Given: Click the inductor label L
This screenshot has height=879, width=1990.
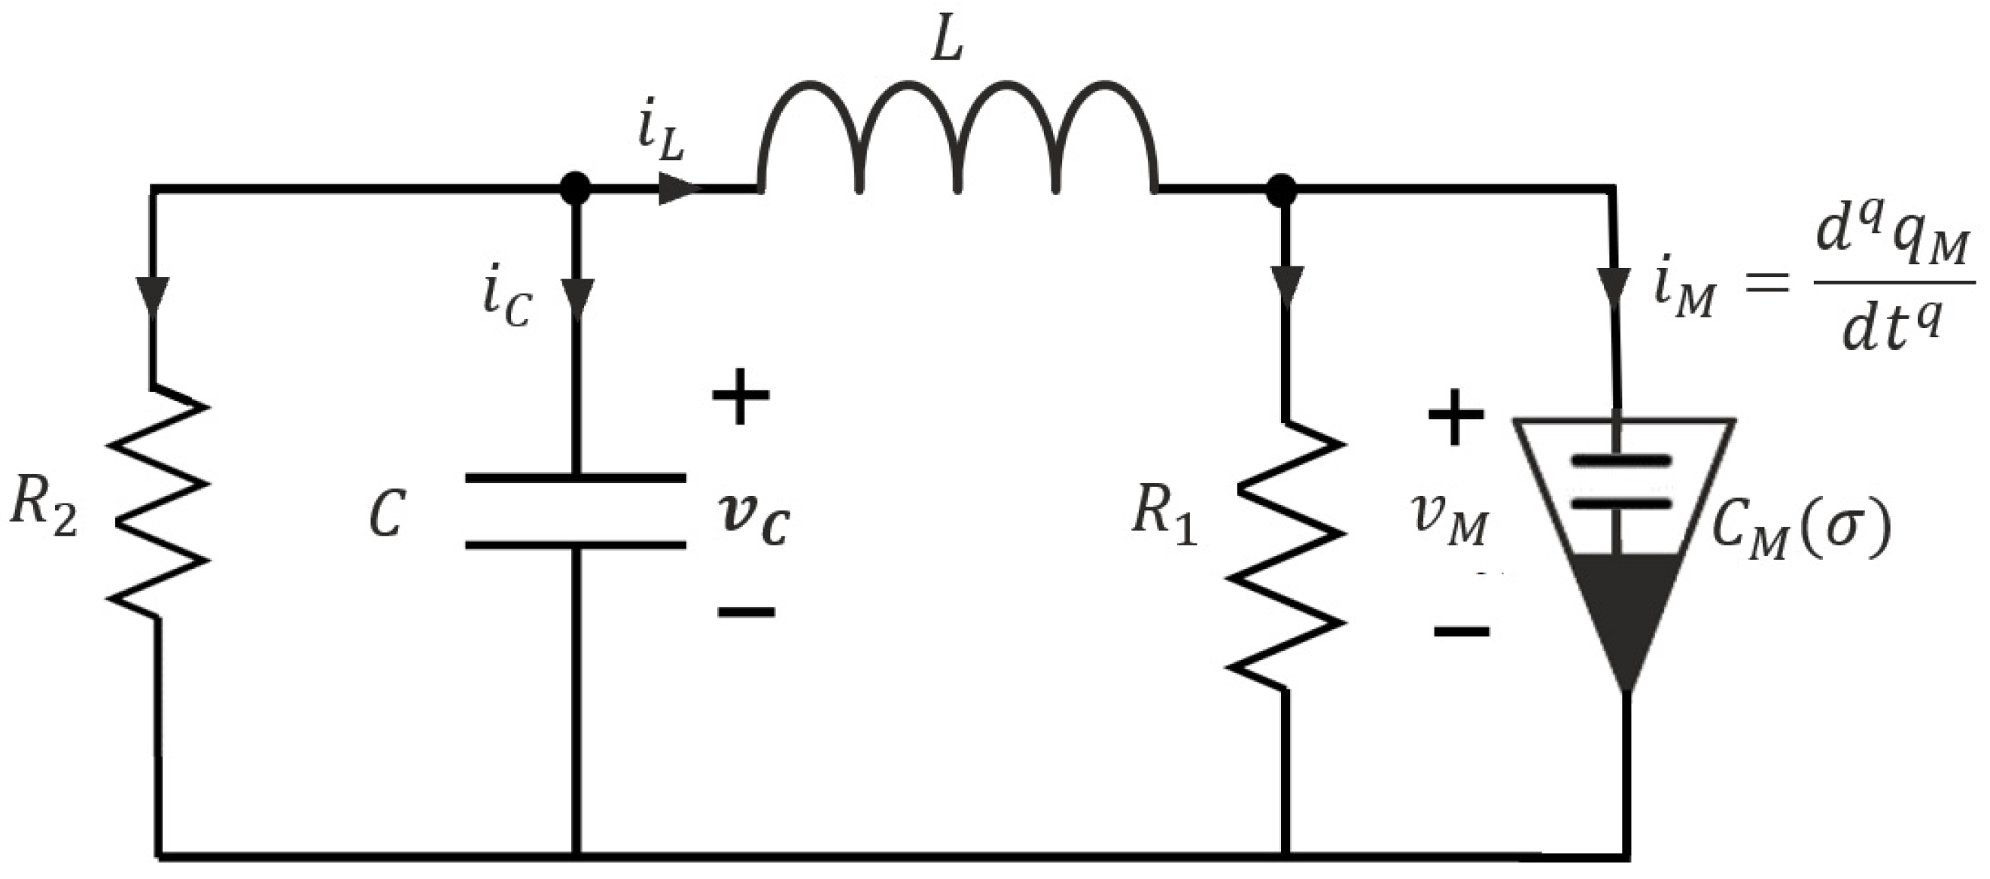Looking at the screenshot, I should [x=946, y=42].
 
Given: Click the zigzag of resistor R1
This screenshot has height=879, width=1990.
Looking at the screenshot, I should [x=1286, y=556].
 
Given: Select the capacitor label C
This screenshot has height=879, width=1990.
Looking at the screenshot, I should [x=386, y=514].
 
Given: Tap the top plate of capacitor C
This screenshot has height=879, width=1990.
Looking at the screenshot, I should [x=576, y=478].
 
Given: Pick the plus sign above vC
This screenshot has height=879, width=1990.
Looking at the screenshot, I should [x=740, y=395].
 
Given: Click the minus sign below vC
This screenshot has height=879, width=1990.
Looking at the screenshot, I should [x=745, y=613].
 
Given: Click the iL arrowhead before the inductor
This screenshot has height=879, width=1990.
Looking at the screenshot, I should [x=678, y=188].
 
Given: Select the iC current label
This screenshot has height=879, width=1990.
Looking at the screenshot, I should [x=507, y=301].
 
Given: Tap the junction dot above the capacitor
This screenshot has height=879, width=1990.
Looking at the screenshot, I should [x=576, y=187].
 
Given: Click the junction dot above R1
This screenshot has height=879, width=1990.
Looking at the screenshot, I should [x=1282, y=189].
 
